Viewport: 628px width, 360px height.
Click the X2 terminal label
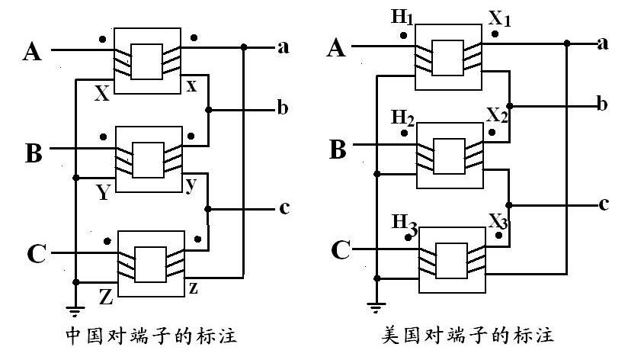(497, 116)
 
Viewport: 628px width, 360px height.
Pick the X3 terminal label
(497, 222)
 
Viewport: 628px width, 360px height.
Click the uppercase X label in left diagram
(101, 94)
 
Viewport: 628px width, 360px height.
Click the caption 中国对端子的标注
(146, 336)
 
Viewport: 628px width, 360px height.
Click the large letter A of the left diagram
(32, 52)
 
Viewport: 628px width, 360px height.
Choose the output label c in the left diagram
(284, 207)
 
